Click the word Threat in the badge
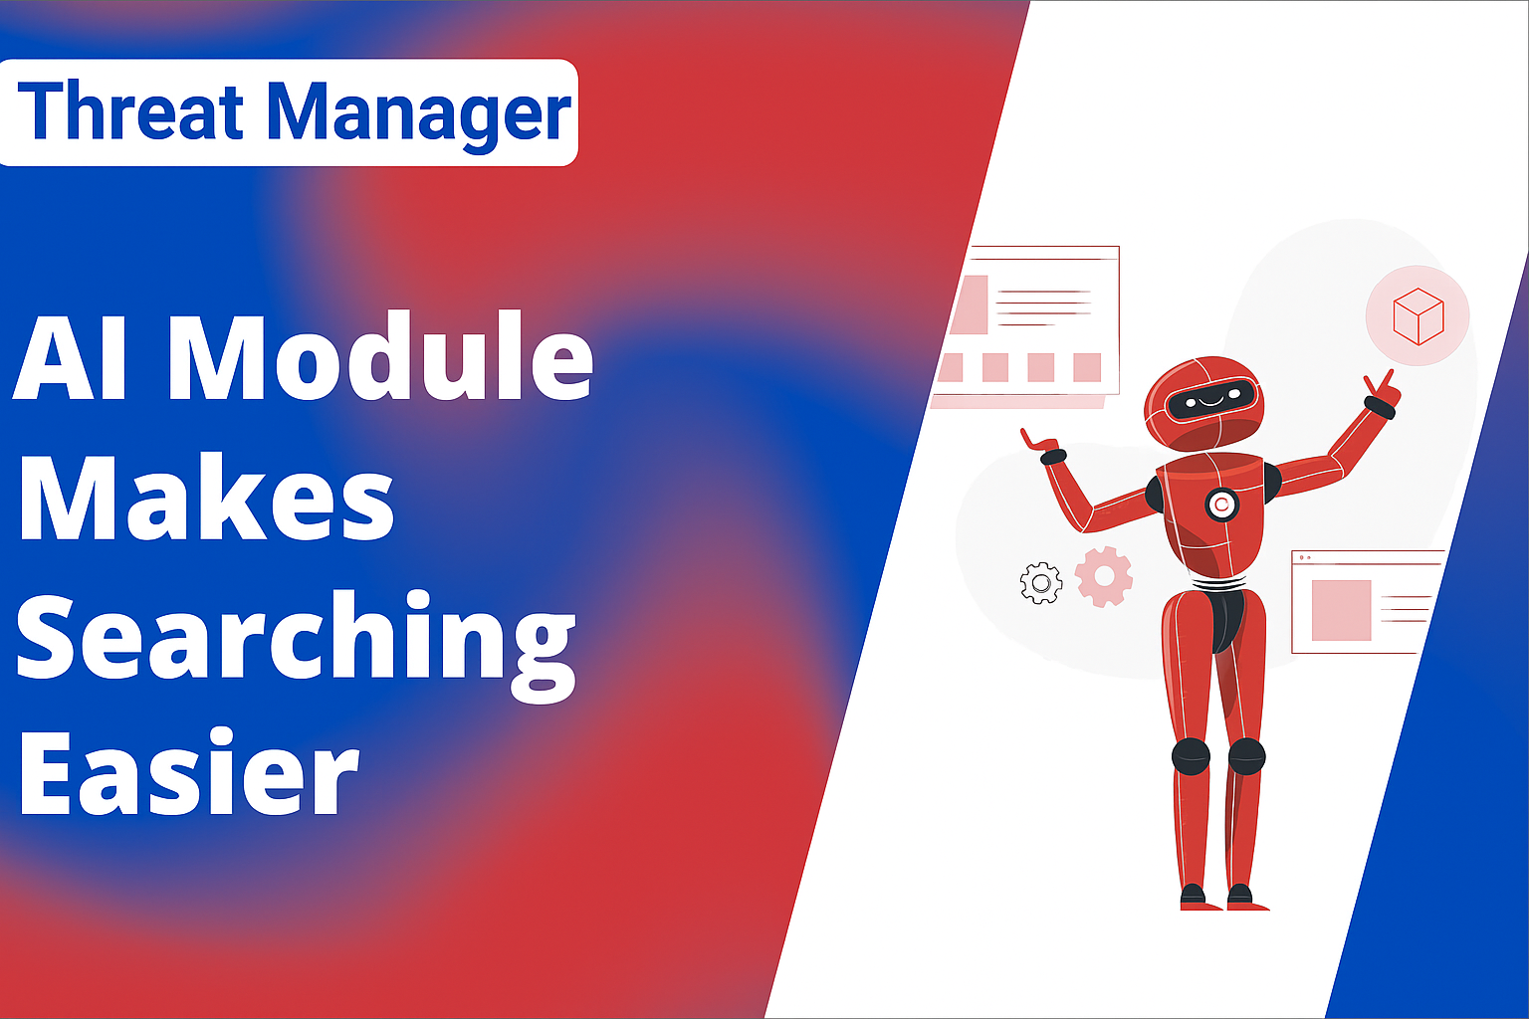point(129,111)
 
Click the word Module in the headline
point(381,355)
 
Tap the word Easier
point(189,772)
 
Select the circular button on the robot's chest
point(1221,506)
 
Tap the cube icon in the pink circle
point(1418,316)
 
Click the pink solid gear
point(1104,577)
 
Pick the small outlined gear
point(1041,583)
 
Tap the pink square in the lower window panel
point(1341,610)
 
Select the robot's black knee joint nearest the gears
point(1191,756)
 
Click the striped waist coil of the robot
point(1219,583)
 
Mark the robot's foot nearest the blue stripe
point(1247,899)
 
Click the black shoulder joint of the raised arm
point(1270,482)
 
